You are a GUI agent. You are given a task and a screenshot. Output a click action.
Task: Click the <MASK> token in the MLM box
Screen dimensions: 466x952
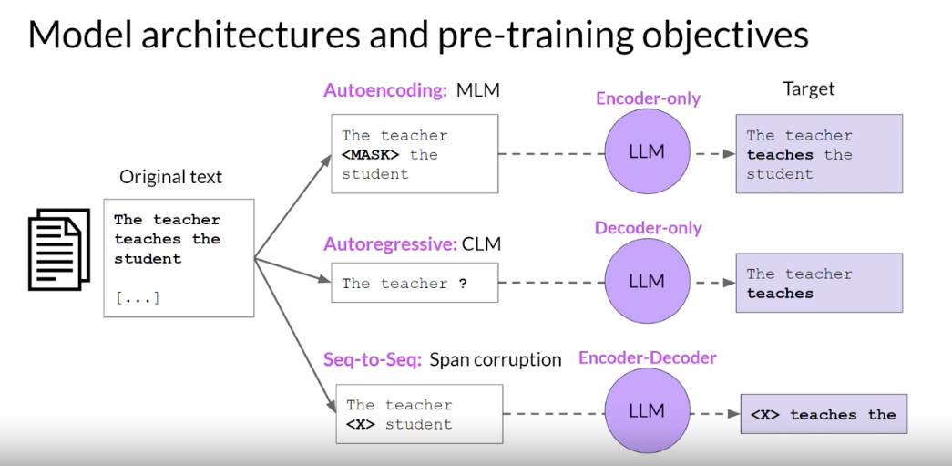point(371,155)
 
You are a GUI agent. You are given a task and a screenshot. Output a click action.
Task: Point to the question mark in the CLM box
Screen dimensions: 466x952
point(463,284)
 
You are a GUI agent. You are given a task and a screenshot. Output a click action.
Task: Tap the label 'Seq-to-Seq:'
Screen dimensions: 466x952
point(373,359)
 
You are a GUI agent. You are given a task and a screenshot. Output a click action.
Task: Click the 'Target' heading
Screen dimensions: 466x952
point(809,89)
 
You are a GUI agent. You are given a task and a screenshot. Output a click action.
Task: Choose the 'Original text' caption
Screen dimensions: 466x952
point(170,177)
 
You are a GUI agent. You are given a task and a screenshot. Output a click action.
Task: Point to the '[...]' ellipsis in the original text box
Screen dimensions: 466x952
point(137,298)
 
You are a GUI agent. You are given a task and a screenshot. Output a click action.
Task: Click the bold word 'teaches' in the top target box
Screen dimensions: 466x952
point(779,155)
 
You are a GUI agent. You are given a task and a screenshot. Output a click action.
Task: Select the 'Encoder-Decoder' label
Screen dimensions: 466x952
point(648,358)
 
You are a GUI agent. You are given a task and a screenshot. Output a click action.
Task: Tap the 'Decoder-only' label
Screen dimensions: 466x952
point(649,228)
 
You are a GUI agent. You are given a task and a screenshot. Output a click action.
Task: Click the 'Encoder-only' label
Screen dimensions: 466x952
point(648,98)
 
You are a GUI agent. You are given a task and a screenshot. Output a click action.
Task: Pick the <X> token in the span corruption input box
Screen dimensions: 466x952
point(361,424)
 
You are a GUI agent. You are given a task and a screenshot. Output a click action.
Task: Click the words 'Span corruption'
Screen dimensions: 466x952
point(496,359)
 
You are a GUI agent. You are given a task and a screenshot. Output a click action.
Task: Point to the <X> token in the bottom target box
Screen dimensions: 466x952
point(765,415)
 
